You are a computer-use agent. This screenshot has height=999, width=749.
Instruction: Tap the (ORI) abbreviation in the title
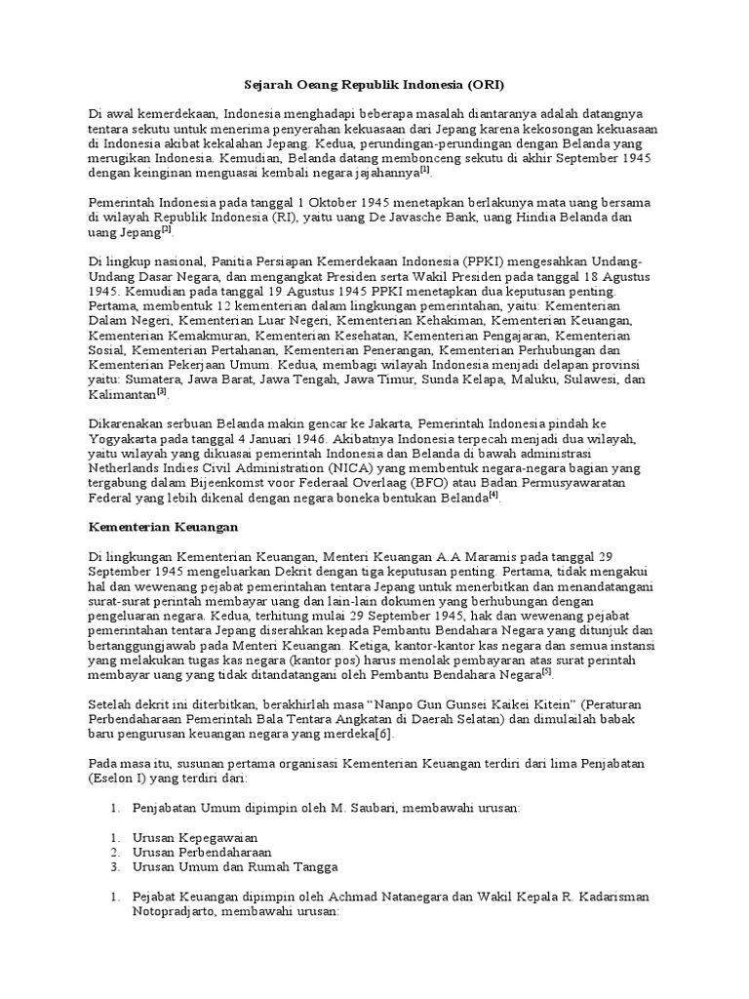[x=482, y=84]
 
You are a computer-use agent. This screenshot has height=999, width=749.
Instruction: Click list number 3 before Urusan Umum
[x=114, y=867]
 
